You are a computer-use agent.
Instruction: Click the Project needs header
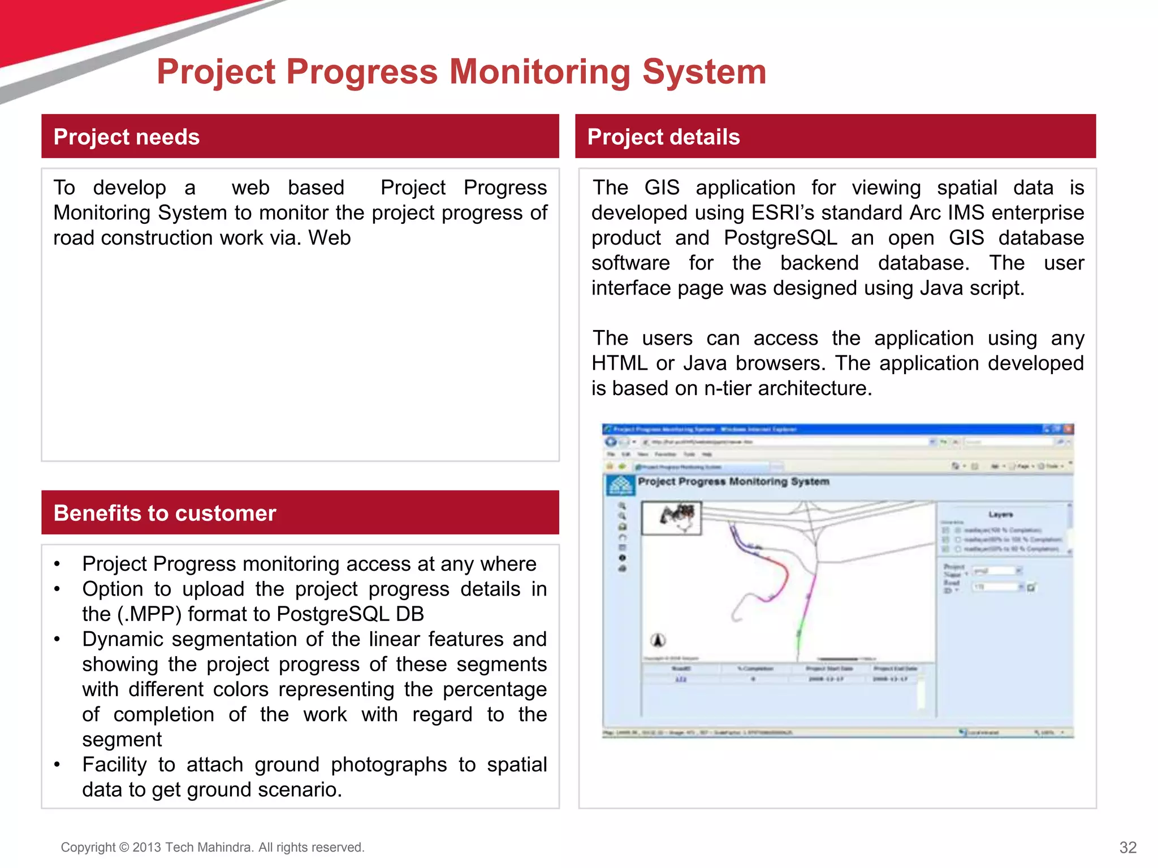tap(127, 137)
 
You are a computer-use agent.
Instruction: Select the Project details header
tap(663, 137)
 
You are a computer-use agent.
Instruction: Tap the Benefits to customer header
tap(165, 513)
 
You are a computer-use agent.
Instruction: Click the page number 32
tap(1127, 847)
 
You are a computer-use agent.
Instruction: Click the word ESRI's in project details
tap(783, 213)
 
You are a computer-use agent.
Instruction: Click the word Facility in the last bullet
tap(114, 765)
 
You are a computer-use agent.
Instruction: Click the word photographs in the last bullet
tap(388, 765)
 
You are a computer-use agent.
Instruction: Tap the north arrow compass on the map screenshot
tap(658, 640)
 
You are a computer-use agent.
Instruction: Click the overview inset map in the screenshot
tap(672, 518)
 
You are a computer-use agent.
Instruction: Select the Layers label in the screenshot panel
tap(1000, 514)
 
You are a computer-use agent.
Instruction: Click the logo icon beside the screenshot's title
tap(620, 485)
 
